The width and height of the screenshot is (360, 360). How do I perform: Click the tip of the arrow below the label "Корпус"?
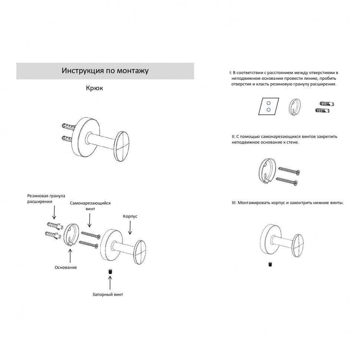click(130, 235)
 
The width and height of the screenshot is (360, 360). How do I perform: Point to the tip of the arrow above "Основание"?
click(70, 249)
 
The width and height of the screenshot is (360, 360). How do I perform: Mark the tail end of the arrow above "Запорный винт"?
click(110, 290)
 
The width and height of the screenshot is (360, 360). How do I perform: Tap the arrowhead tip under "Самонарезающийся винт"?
click(89, 227)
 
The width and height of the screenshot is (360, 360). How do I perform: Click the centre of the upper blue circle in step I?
click(268, 103)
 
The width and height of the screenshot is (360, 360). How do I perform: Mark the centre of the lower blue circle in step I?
click(268, 110)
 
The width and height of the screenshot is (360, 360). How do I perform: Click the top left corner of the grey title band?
click(16, 63)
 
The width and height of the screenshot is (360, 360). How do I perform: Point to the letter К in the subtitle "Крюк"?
click(88, 88)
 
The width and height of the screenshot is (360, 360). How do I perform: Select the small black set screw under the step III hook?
click(270, 265)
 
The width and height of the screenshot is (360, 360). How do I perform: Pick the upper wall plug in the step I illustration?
click(327, 104)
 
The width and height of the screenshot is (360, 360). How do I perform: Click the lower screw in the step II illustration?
click(287, 181)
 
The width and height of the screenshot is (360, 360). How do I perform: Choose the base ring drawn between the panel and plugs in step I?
click(295, 107)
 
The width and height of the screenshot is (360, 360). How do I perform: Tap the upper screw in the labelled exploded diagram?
click(91, 235)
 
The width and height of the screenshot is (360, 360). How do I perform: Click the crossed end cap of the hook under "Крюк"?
click(122, 146)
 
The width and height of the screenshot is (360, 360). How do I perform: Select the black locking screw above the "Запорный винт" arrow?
click(110, 272)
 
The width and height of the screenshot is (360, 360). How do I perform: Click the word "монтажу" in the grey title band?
click(133, 71)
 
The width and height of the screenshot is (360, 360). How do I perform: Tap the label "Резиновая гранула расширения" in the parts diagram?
click(46, 199)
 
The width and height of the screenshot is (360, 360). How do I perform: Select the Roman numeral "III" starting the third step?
click(234, 203)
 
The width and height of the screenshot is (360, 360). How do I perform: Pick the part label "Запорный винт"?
click(108, 294)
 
